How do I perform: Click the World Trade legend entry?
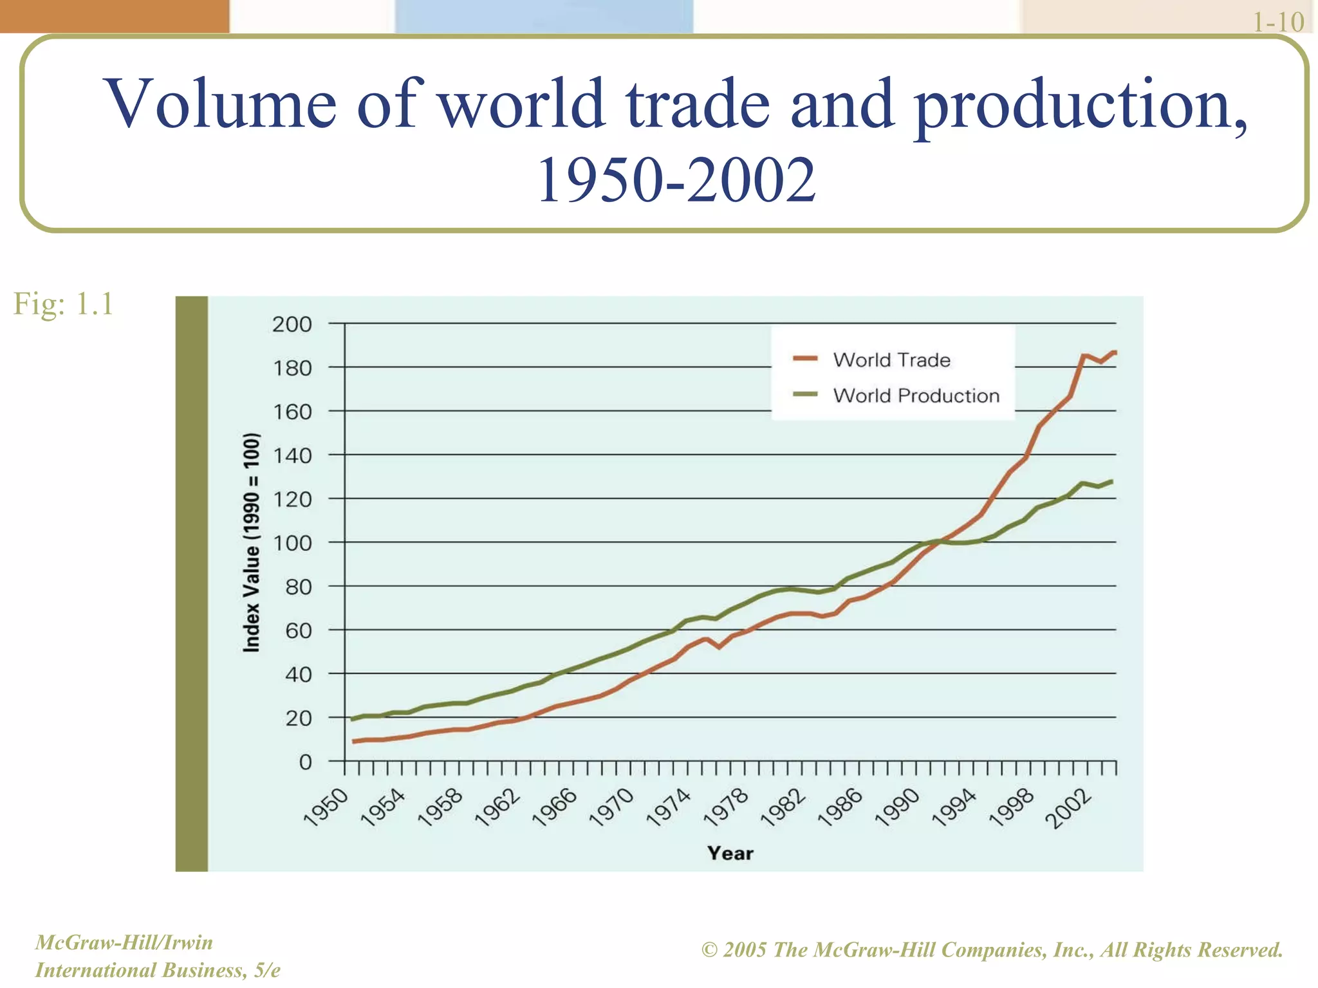891,360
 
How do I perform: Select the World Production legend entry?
916,395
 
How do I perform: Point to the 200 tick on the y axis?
292,324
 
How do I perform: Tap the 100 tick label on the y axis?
292,544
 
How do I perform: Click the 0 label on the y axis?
305,762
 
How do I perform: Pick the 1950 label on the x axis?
326,808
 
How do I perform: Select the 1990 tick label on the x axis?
898,808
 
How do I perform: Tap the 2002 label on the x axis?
1069,809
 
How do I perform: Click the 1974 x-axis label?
669,808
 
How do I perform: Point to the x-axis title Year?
730,853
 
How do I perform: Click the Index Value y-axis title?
252,543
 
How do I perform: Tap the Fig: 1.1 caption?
63,304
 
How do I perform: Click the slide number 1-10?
1278,22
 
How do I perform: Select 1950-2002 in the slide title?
676,181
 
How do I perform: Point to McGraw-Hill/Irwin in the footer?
124,942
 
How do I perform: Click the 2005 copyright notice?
992,950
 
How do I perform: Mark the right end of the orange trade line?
1114,352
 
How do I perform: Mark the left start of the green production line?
351,719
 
